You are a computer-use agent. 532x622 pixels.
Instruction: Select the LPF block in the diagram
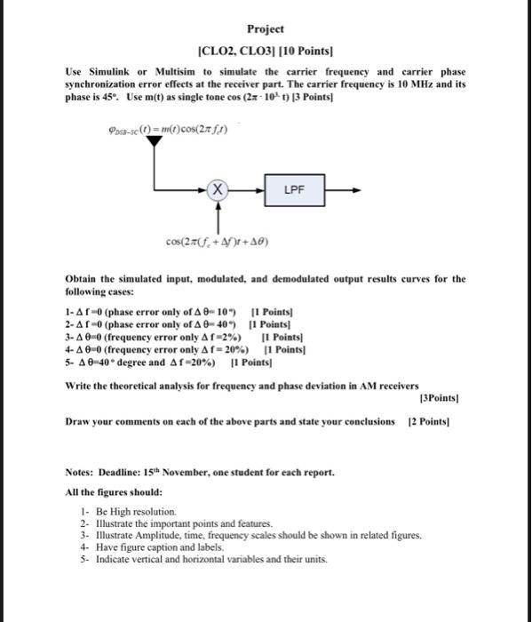(295, 189)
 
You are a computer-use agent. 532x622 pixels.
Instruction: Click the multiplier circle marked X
(218, 189)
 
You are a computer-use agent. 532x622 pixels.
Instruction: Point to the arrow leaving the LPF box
(343, 189)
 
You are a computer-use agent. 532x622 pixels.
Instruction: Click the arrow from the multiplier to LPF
(249, 189)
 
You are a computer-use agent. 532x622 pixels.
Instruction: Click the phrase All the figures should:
(113, 491)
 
